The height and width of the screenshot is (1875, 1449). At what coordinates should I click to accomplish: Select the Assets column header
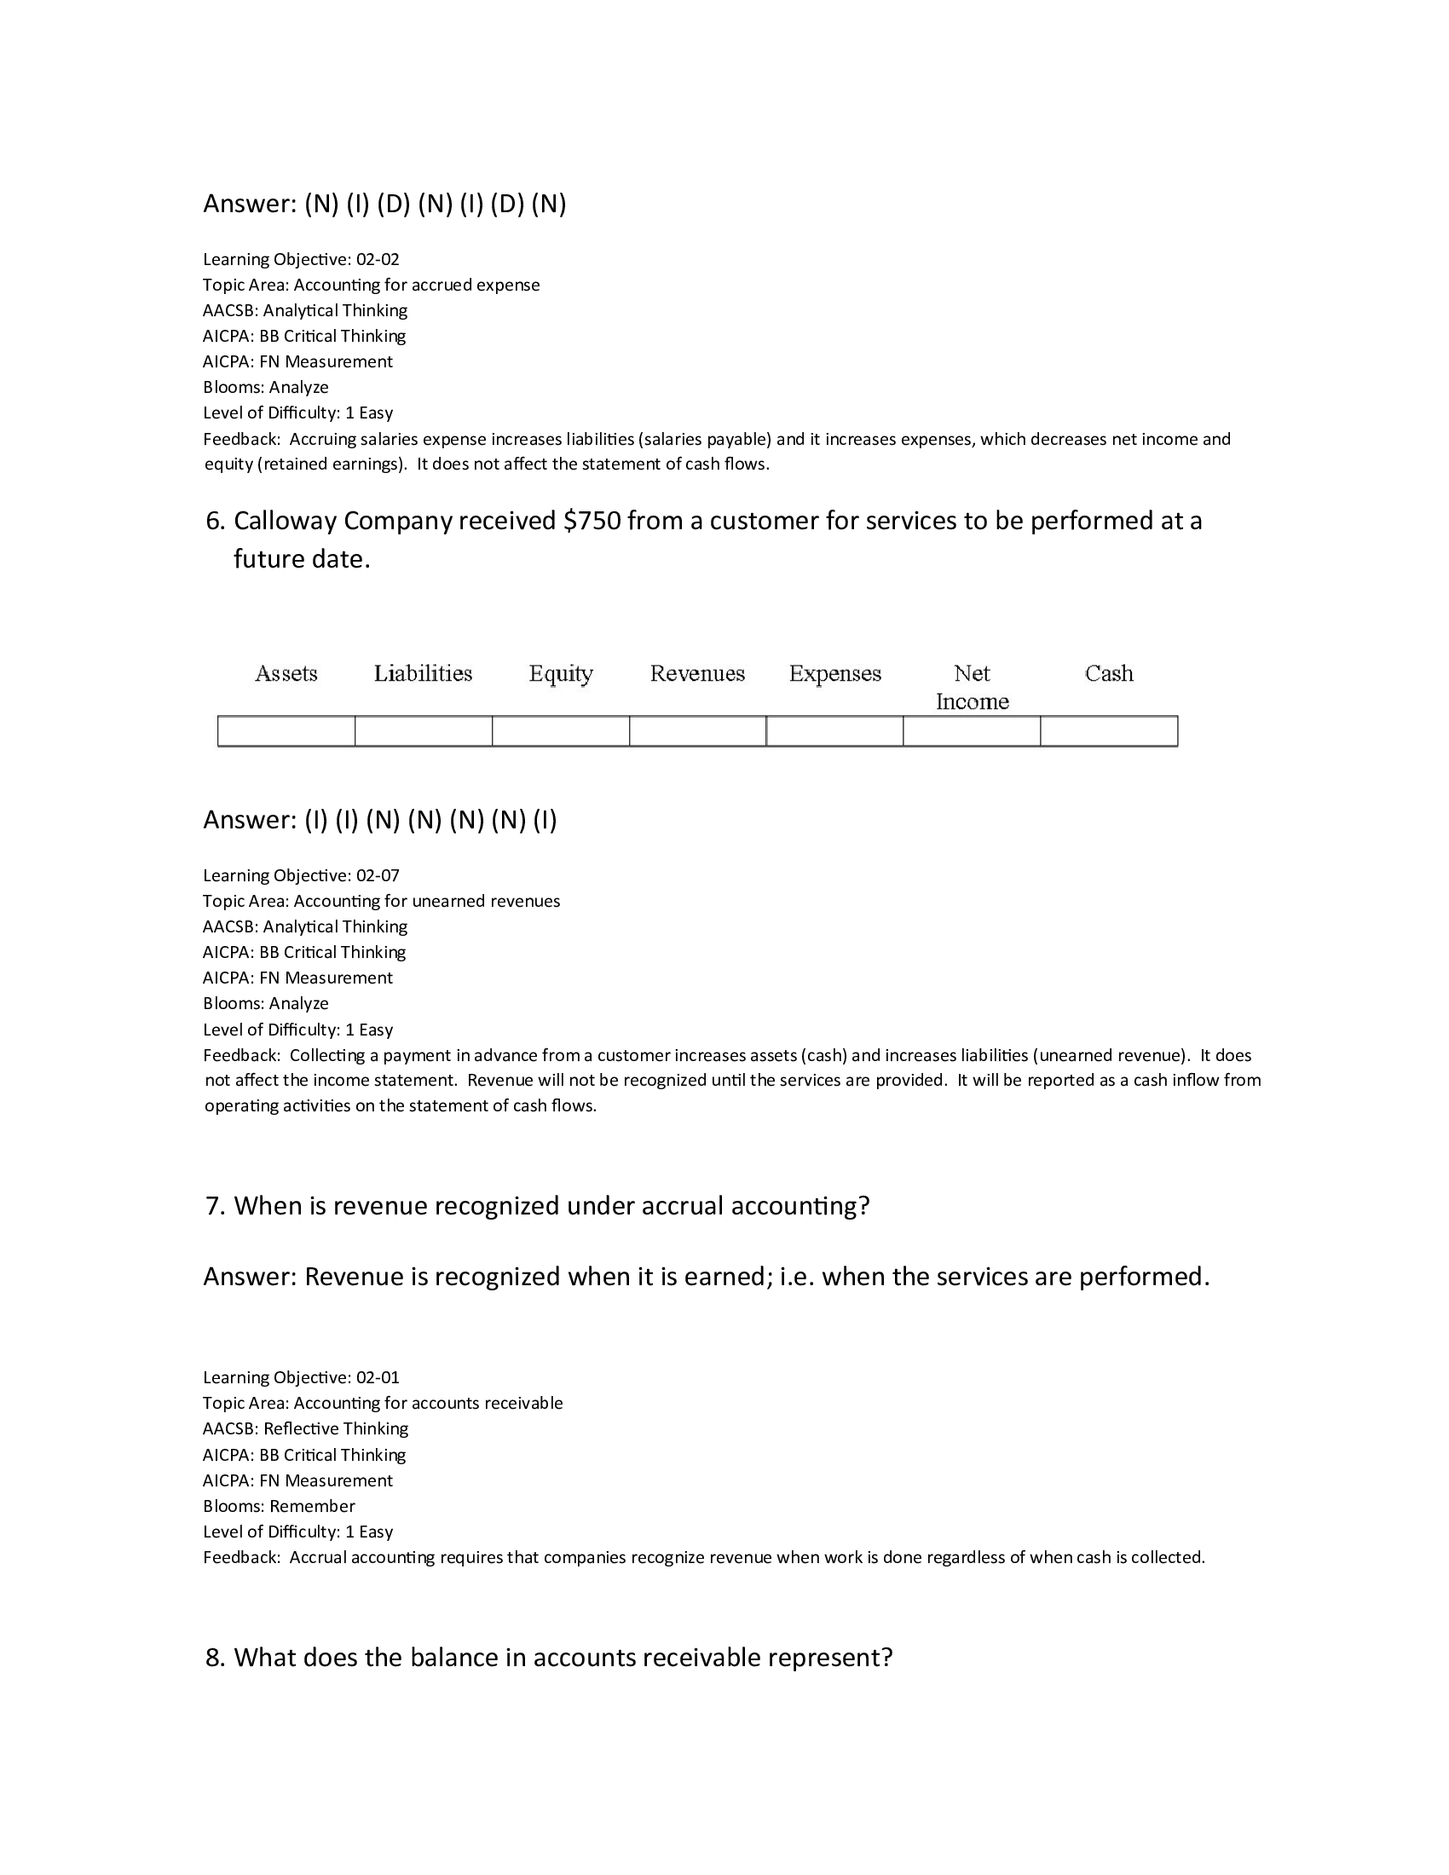(x=286, y=673)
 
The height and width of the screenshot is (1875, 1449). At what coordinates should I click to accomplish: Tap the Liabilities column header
(x=424, y=673)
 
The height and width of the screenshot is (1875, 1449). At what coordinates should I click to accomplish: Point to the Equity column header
(x=561, y=674)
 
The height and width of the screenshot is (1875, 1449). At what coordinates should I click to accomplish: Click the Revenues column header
(x=697, y=673)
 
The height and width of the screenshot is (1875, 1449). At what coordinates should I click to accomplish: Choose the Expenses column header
(x=835, y=673)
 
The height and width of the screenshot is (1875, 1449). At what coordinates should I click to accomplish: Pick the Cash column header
(x=1109, y=673)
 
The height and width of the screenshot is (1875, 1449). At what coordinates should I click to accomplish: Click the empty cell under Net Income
(x=972, y=731)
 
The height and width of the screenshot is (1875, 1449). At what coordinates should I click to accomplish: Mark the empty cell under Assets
(x=286, y=731)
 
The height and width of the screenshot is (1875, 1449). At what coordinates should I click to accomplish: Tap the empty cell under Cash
(x=1109, y=731)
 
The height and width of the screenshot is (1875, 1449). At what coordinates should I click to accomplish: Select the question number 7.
(x=215, y=1205)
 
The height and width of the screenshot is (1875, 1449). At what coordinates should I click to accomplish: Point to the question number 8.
(x=215, y=1657)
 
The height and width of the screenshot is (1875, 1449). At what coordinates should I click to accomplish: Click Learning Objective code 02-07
(x=378, y=875)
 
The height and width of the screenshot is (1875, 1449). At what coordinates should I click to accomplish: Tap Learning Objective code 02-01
(x=378, y=1377)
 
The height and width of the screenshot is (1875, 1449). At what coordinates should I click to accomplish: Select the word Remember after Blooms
(x=312, y=1506)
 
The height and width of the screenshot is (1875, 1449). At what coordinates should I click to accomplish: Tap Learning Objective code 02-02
(x=378, y=259)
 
